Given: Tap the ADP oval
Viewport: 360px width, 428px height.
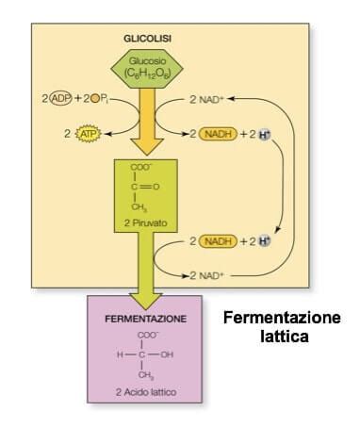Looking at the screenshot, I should [62, 98].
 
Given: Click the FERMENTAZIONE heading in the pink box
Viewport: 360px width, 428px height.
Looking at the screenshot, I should [145, 320].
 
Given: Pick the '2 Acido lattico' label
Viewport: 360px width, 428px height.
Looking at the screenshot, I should [145, 390].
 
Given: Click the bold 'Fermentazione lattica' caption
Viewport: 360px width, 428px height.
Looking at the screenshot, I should [282, 326].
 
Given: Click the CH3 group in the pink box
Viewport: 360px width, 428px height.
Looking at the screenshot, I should [147, 374].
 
